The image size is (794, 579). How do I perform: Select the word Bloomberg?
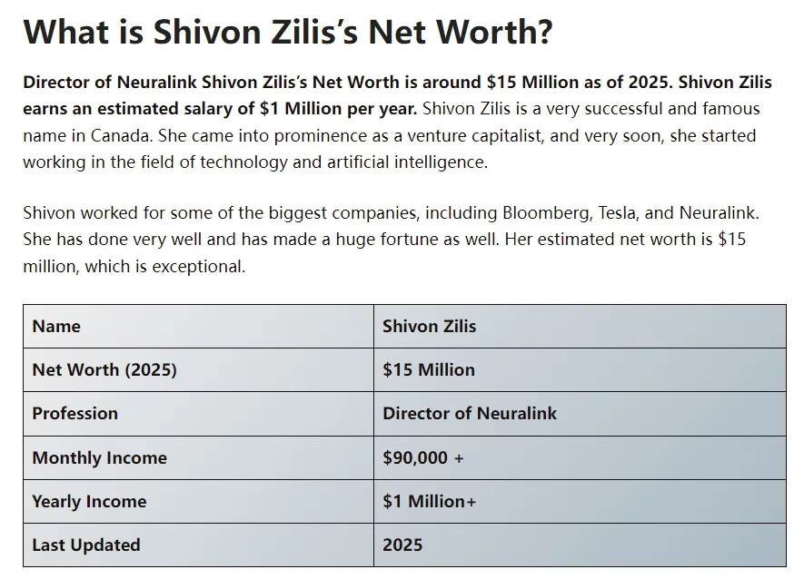point(546,213)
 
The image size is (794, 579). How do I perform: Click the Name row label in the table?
point(56,327)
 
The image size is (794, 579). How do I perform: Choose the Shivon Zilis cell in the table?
point(429,327)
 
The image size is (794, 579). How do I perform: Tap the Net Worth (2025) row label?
point(104,370)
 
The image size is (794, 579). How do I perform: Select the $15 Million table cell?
point(429,370)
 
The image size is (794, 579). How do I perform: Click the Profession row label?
point(75,414)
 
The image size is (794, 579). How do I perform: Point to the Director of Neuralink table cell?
point(470,414)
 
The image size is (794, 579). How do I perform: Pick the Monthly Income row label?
point(99,458)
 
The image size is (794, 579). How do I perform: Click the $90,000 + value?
point(423,458)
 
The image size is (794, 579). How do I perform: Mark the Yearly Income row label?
point(89,502)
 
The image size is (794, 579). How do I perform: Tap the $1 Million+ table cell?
point(429,502)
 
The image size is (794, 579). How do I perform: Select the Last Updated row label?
point(86,545)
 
